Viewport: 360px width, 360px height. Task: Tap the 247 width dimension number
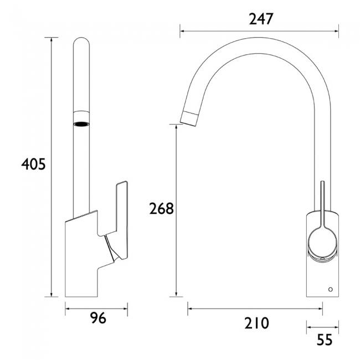tap(261, 19)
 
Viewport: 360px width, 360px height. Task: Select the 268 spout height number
tap(162, 209)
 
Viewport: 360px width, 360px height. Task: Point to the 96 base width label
tap(97, 318)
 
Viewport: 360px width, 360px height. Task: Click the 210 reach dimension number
tap(256, 322)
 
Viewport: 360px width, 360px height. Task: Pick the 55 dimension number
tap(325, 340)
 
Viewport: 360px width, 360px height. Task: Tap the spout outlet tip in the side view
tap(188, 117)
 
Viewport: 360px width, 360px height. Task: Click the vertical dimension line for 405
tap(53, 166)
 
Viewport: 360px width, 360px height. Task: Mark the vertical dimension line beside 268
tap(177, 210)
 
